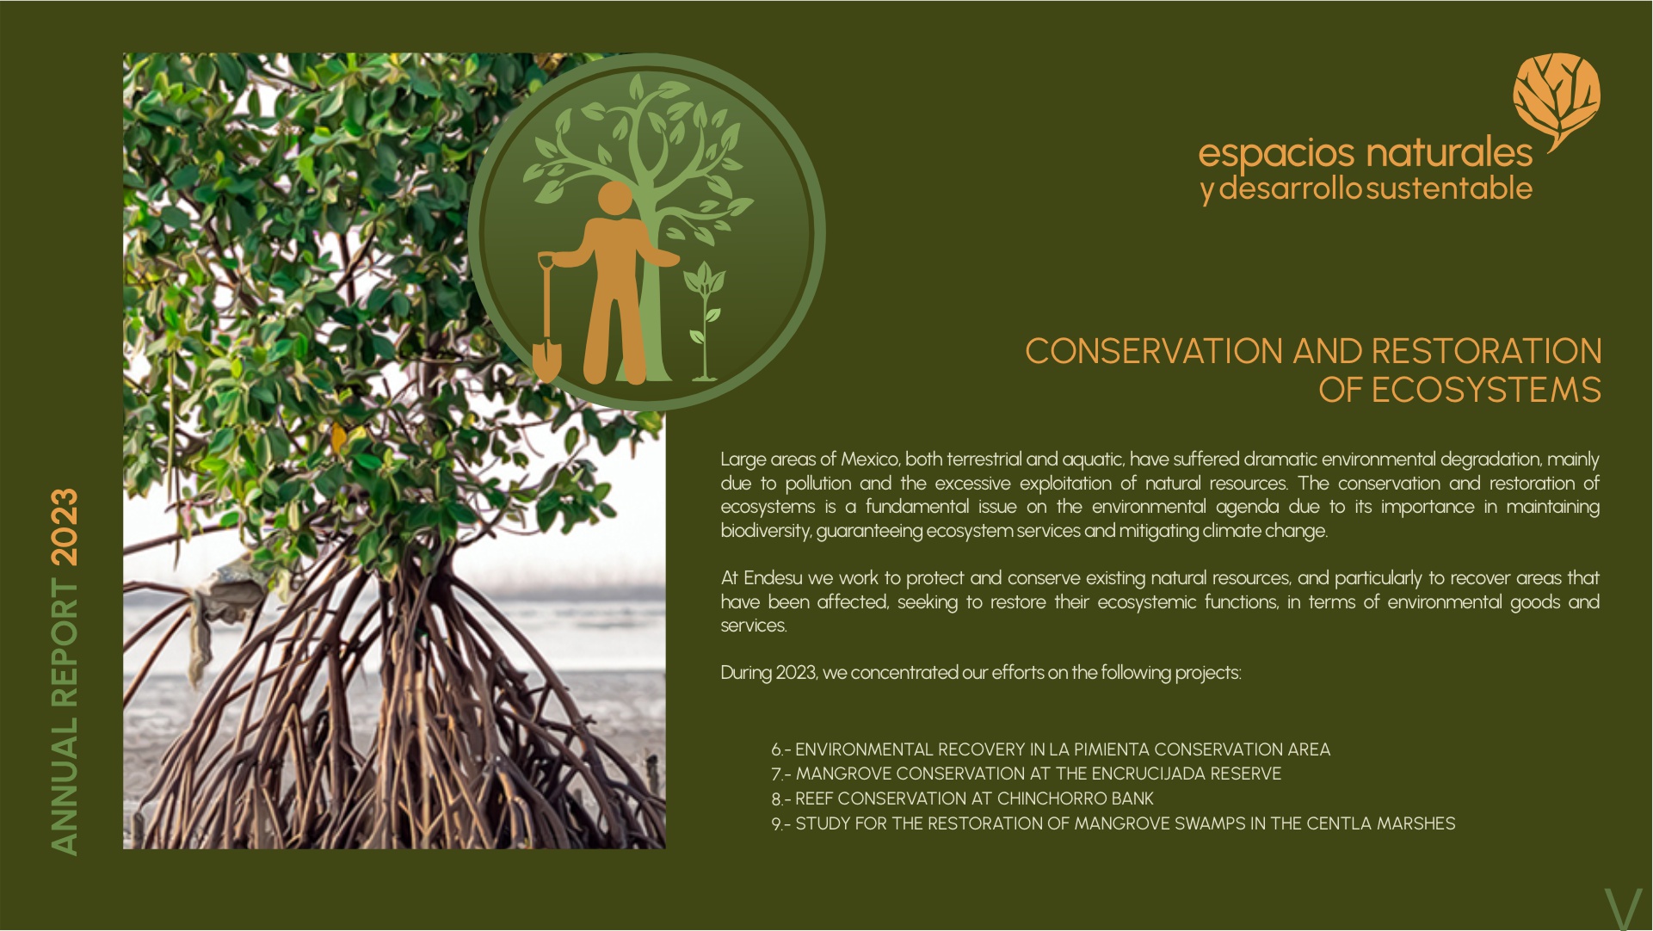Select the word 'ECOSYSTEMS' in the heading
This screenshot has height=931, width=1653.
1486,390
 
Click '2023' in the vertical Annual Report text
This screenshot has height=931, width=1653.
65,527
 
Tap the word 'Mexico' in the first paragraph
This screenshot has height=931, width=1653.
870,459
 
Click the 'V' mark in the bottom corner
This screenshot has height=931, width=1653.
1623,909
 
